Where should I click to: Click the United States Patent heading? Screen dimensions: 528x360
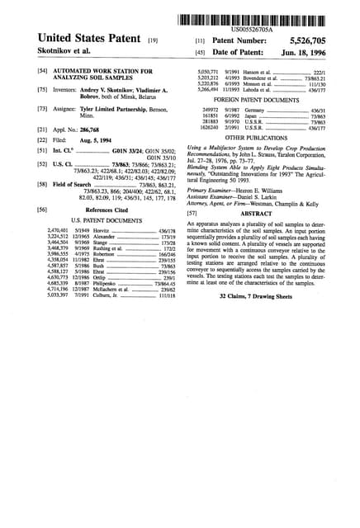(81, 39)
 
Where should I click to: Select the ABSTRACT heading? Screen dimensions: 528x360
(255, 213)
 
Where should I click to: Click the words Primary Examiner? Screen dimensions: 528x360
(211, 189)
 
